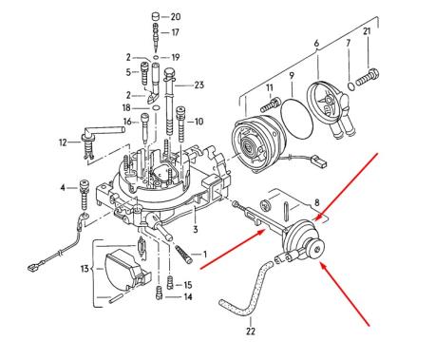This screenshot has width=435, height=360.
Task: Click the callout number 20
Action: tap(176, 17)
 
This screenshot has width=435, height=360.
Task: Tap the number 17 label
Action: tap(176, 33)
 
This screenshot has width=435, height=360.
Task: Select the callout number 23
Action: tap(199, 85)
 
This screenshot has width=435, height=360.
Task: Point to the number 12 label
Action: tap(62, 143)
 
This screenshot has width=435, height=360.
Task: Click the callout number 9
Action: tap(292, 75)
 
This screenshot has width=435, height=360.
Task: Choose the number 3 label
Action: tap(194, 230)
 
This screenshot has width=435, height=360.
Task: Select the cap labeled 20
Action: tap(154, 17)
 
